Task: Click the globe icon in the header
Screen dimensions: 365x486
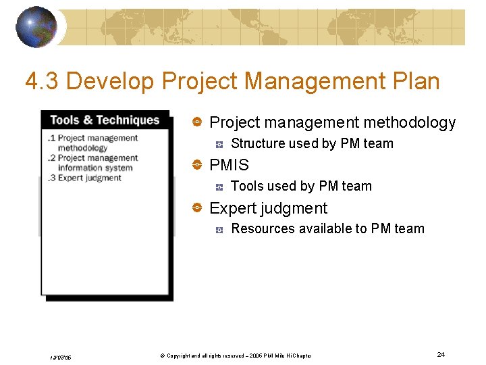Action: [36, 27]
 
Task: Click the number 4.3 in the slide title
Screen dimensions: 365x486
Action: [41, 82]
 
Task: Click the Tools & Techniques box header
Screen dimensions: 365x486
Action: [105, 120]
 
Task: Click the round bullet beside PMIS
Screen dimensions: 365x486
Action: [197, 165]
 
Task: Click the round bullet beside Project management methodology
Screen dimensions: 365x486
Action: [197, 122]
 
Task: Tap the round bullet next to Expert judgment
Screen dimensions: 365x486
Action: [197, 208]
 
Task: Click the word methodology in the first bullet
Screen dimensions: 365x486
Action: [409, 122]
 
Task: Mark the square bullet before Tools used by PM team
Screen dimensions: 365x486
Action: [219, 187]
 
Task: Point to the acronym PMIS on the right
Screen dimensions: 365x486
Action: [230, 165]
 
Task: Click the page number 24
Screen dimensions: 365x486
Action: [441, 355]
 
